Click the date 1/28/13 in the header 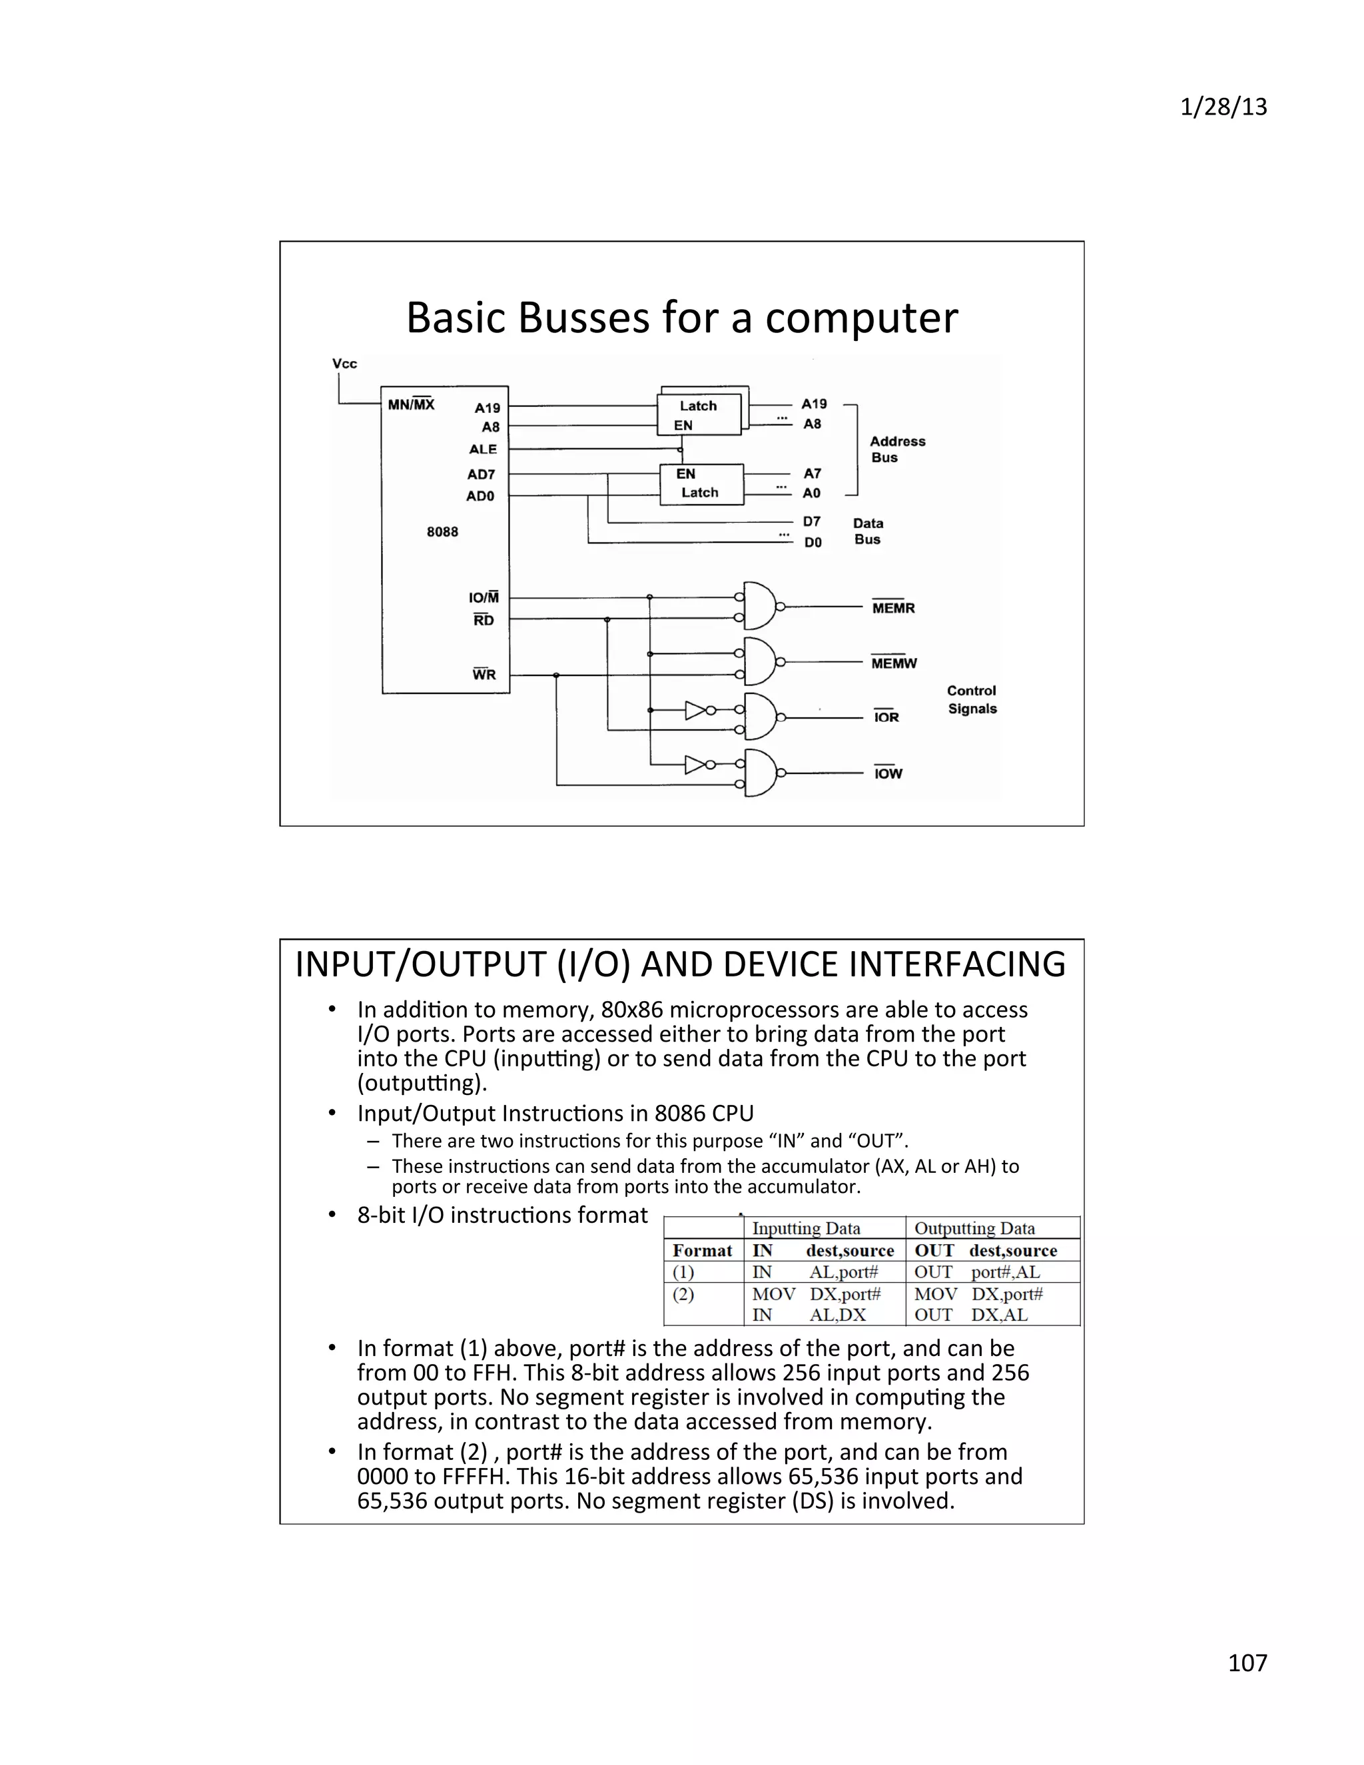click(1223, 107)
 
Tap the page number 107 click(1247, 1662)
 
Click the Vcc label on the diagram click(344, 364)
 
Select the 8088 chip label click(442, 531)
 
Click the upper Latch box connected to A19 click(699, 414)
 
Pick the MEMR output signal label click(893, 607)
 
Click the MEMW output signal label click(894, 663)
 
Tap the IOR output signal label click(886, 717)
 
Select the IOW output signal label click(888, 774)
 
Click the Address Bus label click(897, 450)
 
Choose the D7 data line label click(811, 522)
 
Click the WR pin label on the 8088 click(484, 675)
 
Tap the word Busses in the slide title click(583, 318)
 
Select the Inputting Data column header click(806, 1228)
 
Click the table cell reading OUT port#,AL click(978, 1272)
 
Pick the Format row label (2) click(683, 1295)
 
